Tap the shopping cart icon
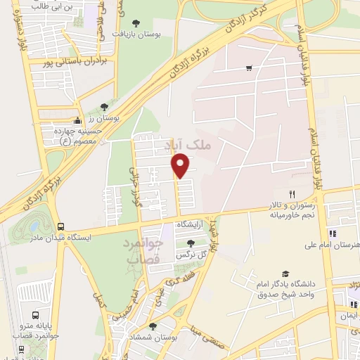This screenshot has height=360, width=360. (249, 68)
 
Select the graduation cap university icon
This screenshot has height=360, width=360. (285, 274)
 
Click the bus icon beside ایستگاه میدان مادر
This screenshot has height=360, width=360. (60, 227)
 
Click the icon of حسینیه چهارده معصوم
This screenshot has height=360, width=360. (77, 121)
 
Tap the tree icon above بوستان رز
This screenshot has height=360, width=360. (104, 107)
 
